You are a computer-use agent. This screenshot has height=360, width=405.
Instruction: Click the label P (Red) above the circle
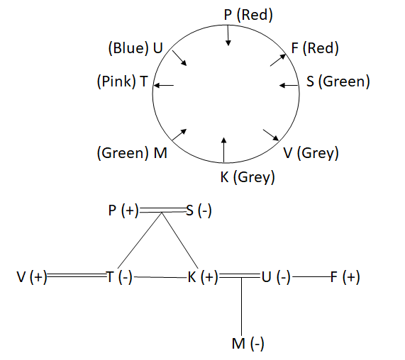[248, 15]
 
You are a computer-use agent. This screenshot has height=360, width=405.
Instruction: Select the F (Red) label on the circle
[315, 48]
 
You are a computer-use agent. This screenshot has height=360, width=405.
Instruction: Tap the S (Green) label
[338, 81]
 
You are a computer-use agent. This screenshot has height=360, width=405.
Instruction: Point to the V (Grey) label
[311, 153]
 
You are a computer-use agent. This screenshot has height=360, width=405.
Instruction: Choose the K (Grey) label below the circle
[248, 177]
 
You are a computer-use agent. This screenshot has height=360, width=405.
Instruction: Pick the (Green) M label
[132, 153]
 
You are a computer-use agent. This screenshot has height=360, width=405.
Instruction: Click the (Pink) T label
[123, 81]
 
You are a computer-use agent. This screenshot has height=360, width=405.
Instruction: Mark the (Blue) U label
[135, 48]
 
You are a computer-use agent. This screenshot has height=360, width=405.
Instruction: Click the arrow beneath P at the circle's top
[228, 35]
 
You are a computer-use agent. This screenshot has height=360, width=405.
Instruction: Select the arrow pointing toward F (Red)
[278, 60]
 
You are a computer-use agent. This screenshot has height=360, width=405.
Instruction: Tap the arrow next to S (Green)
[289, 85]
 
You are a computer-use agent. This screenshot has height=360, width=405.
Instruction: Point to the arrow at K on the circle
[224, 150]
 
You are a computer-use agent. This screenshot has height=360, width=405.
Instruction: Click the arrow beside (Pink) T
[164, 85]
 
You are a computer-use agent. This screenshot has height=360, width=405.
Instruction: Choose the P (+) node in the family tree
[123, 210]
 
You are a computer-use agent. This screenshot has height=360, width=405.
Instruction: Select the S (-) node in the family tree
[199, 210]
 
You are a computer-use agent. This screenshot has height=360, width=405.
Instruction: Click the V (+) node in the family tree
[32, 277]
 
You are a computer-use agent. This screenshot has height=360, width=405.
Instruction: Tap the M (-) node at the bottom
[248, 344]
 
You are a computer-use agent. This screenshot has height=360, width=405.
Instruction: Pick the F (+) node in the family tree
[345, 277]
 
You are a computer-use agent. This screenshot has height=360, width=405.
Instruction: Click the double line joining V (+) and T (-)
[77, 276]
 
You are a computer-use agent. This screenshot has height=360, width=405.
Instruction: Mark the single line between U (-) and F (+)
[312, 277]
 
